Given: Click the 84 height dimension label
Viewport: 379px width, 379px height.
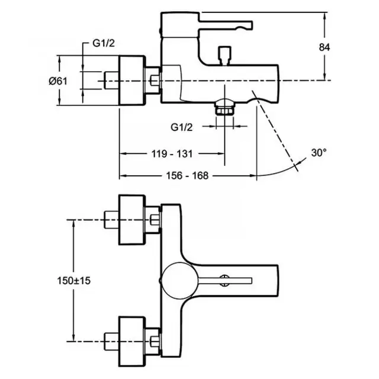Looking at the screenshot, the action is point(324,47).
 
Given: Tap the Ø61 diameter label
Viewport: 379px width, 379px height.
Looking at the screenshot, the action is point(58,81).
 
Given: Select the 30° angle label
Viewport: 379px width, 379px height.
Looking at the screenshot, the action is point(319,153).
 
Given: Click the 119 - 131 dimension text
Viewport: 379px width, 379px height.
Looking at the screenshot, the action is point(172,154).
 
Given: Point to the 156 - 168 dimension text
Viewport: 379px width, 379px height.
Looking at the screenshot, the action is point(187,176).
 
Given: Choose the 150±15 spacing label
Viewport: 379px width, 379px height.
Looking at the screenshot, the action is point(73,281).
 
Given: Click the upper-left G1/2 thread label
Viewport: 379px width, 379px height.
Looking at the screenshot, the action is point(104,43).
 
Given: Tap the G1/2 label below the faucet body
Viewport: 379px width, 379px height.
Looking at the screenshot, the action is point(182,127).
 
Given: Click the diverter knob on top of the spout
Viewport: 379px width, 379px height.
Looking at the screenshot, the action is point(224,56).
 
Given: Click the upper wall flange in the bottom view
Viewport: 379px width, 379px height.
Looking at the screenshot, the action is point(131,220).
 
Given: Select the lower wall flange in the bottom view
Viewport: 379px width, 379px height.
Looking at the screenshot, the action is point(131,341).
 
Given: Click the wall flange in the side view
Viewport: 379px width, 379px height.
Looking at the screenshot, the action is point(131,81).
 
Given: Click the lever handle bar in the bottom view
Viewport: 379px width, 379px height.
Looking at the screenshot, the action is point(225,280).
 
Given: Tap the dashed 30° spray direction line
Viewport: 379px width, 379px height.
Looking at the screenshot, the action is point(275,130).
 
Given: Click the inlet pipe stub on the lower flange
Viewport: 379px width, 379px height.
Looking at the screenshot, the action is point(111,341).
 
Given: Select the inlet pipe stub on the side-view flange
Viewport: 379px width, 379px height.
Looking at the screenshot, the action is point(111,81).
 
